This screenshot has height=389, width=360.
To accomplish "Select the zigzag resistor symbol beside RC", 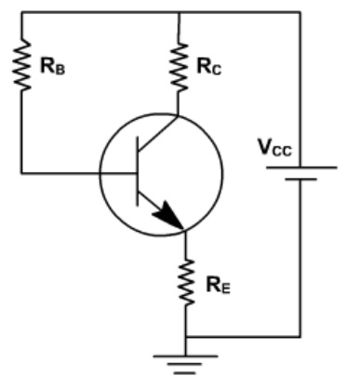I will point(178,63).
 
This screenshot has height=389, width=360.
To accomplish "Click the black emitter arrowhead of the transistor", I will point(170,218).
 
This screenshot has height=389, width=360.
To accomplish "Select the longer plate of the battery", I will point(300,168).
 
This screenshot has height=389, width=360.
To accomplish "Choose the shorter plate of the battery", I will point(300,181).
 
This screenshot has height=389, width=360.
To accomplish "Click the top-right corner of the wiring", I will point(300,12).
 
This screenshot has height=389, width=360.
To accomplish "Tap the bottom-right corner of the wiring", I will point(300,335).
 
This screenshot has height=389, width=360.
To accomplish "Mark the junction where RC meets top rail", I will point(178,12).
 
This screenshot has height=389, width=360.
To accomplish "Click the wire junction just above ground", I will point(186,335).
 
